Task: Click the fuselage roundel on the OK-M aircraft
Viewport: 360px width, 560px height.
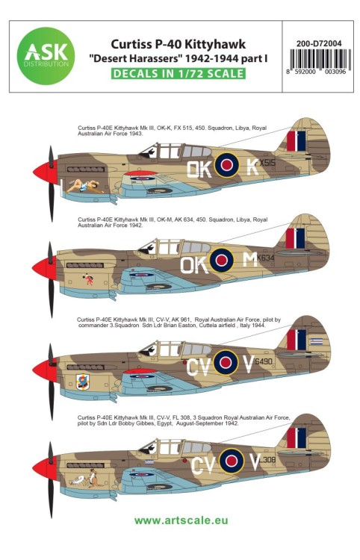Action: pos(222,261)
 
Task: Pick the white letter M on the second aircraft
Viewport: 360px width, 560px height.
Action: pos(252,261)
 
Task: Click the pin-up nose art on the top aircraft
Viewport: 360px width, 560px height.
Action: pos(79,181)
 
